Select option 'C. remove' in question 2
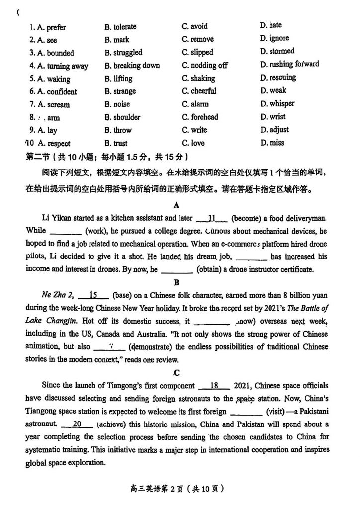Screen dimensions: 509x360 pyautogui.click(x=197, y=39)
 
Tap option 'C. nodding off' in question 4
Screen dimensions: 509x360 pyautogui.click(x=204, y=65)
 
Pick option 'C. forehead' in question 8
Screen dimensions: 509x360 pyautogui.click(x=200, y=117)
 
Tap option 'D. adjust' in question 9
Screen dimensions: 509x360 pyautogui.click(x=274, y=130)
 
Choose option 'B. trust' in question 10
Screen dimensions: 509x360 pyautogui.click(x=116, y=143)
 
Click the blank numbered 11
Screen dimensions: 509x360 pyautogui.click(x=212, y=218)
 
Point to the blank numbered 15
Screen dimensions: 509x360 pyautogui.click(x=93, y=295)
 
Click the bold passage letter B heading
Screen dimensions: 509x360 pyautogui.click(x=177, y=282)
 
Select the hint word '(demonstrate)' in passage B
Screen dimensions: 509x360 pyautogui.click(x=151, y=346)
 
